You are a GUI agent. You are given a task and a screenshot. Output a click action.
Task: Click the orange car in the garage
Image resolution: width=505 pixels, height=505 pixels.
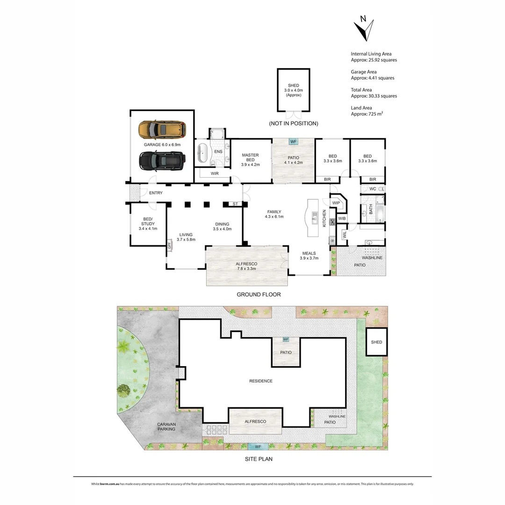[162, 129]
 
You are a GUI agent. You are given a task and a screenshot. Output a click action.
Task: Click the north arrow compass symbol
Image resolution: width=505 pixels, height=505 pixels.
[363, 29]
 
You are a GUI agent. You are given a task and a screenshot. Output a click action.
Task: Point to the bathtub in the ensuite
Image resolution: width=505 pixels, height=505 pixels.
[203, 153]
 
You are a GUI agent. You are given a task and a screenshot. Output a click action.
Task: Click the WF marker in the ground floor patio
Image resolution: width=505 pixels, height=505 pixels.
[294, 141]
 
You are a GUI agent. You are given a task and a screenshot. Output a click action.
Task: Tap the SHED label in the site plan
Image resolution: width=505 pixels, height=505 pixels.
[376, 342]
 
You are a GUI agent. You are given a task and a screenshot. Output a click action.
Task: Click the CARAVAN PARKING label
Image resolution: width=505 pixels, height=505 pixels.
[166, 426]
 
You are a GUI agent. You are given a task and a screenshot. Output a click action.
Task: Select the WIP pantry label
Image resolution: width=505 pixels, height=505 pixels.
[336, 203]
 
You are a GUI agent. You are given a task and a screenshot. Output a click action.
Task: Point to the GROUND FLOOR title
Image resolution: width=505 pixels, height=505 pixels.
[259, 295]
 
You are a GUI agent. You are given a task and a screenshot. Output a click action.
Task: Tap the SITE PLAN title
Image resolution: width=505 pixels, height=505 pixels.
[259, 459]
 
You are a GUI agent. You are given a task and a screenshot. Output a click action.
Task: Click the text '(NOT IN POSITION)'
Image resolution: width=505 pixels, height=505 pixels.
[293, 123]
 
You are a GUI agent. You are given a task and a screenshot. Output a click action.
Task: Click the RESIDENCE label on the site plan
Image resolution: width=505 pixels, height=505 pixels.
[260, 381]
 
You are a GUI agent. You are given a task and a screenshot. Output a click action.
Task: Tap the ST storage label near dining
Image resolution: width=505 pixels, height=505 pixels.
[235, 204]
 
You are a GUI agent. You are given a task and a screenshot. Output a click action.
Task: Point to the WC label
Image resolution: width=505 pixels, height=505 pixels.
[373, 189]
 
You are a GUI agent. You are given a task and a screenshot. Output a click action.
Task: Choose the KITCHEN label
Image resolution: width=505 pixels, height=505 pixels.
[325, 219]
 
